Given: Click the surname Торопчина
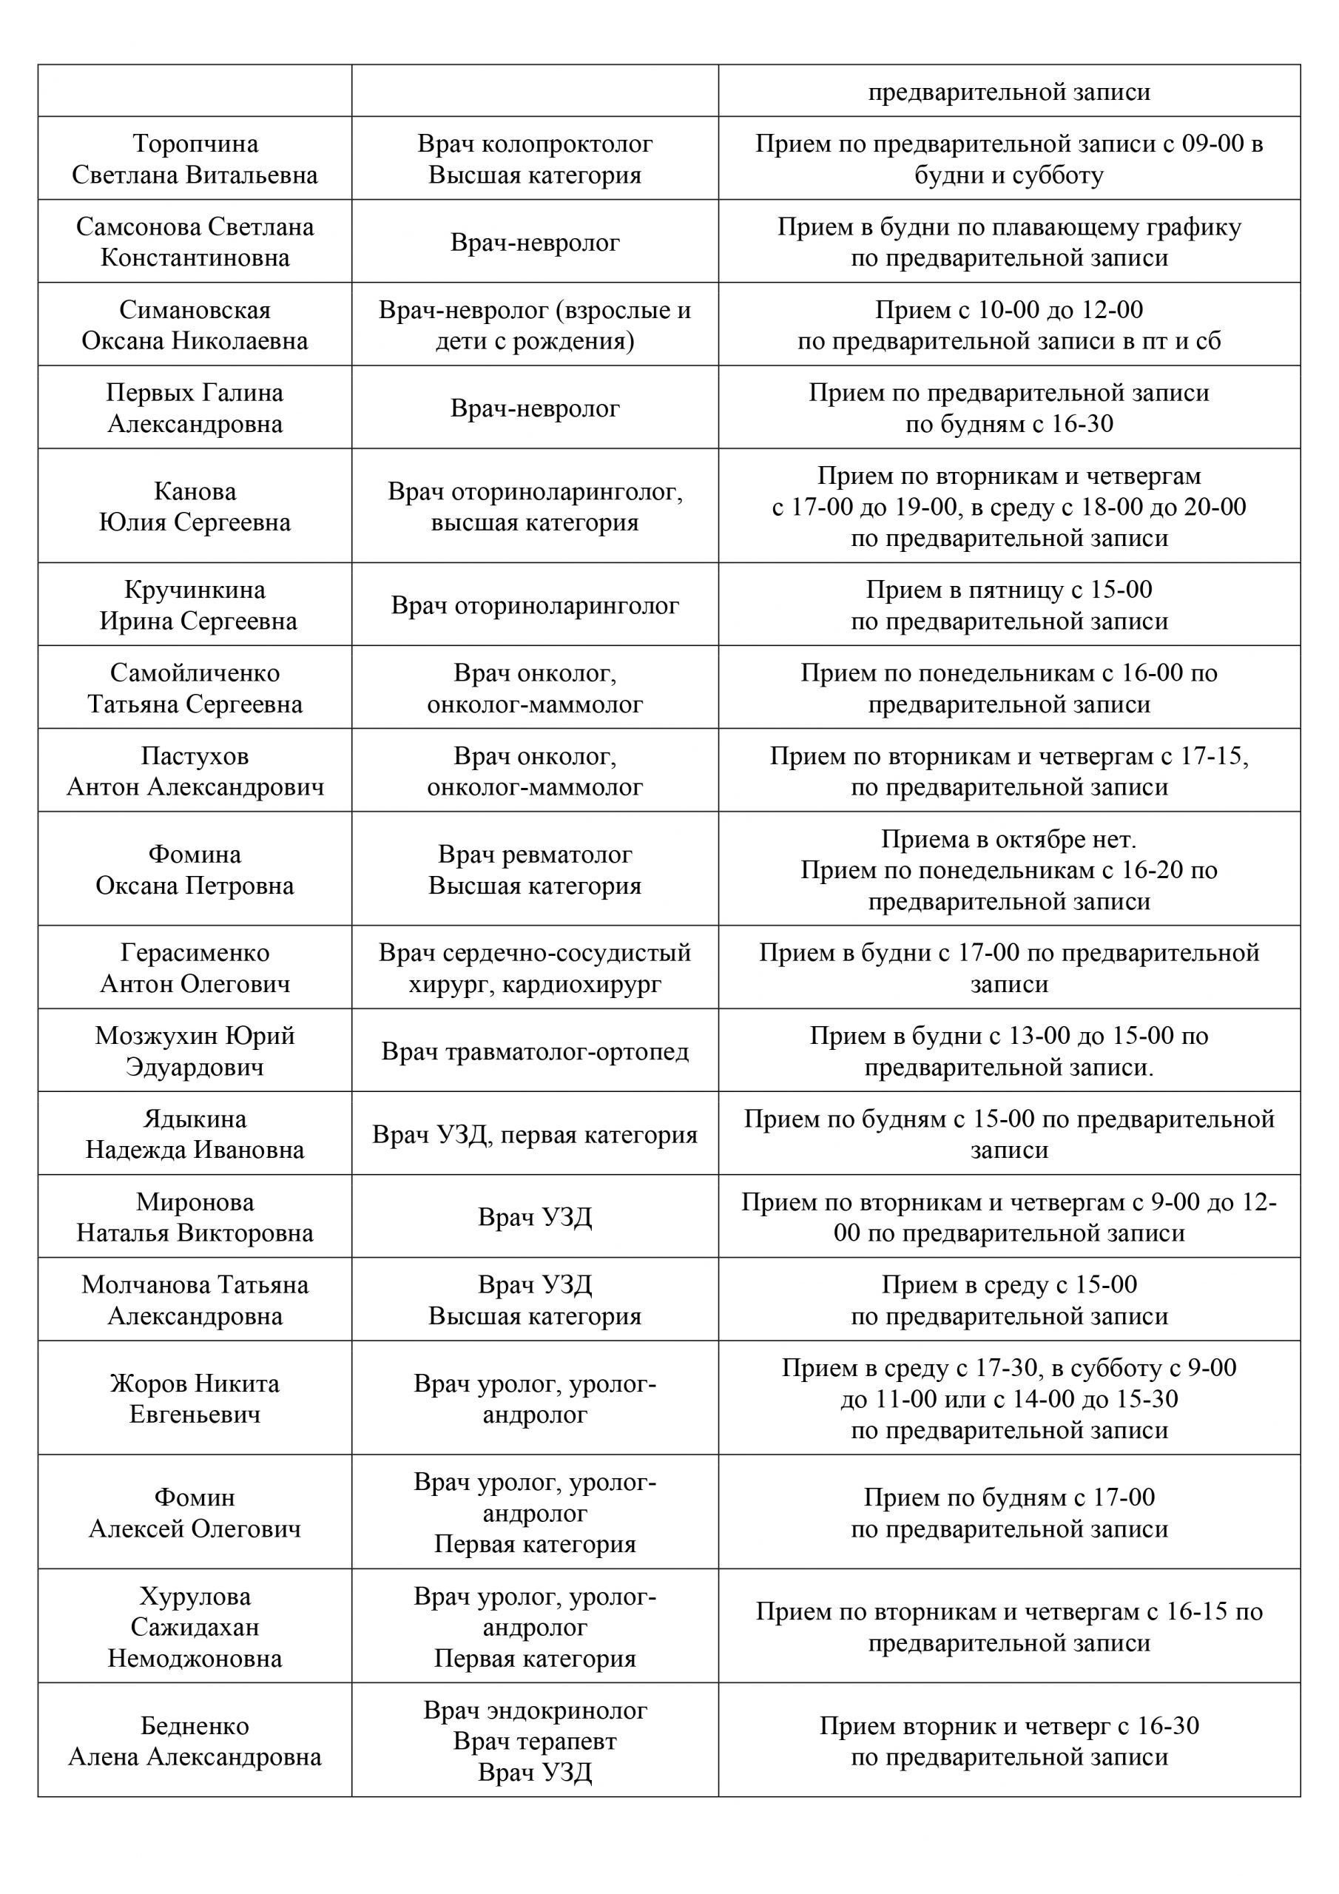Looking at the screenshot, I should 195,144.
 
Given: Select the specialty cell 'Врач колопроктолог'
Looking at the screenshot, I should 535,144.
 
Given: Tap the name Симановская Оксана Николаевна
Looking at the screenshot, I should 195,325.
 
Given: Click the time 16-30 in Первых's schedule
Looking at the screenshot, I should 1082,424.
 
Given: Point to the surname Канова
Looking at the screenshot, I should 195,492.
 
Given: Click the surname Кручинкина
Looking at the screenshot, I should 195,590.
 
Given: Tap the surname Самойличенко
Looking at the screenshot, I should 195,673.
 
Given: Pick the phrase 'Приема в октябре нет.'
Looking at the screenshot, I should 1008,840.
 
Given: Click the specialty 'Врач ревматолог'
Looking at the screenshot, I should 535,855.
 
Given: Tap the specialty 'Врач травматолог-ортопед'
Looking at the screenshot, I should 535,1052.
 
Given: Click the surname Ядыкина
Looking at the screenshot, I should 195,1119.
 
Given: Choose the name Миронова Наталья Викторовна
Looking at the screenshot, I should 195,1218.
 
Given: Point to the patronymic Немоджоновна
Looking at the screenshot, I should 195,1659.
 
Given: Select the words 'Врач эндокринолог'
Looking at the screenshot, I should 535,1711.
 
